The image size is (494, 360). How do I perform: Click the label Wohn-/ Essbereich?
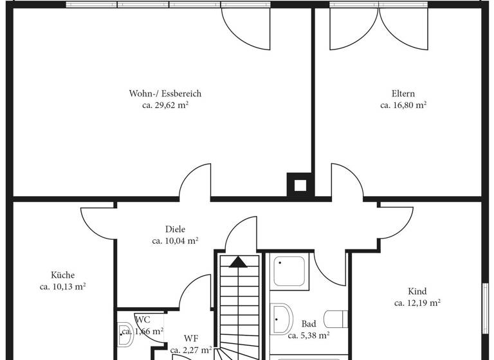165,94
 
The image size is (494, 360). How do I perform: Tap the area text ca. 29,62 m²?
165,105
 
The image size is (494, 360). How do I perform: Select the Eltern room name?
403,94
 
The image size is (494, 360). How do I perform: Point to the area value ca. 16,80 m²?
403,105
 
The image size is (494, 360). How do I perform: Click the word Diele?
175,230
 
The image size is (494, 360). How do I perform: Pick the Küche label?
63,275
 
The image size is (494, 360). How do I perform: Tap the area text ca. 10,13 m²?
63,287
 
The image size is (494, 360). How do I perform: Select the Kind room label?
417,291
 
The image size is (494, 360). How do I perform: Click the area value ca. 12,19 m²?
417,303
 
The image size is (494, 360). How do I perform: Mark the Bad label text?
308,324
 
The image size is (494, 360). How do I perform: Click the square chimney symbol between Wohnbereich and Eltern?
300,186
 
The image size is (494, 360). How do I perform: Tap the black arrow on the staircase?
238,262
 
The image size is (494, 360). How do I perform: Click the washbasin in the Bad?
280,319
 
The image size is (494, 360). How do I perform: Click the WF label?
191,338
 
